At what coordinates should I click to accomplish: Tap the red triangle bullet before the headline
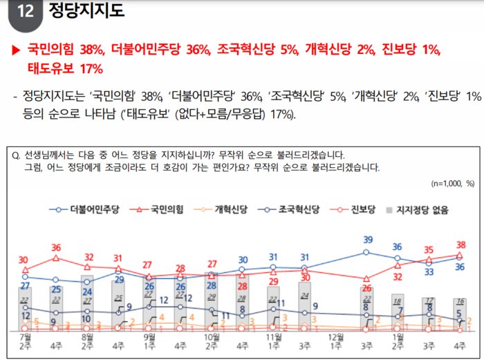point(15,50)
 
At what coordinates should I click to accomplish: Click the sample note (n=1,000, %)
point(453,184)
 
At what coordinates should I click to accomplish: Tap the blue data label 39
point(368,240)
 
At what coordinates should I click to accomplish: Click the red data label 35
point(429,250)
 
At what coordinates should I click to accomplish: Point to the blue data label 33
point(429,272)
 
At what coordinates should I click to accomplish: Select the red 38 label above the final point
point(460,244)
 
